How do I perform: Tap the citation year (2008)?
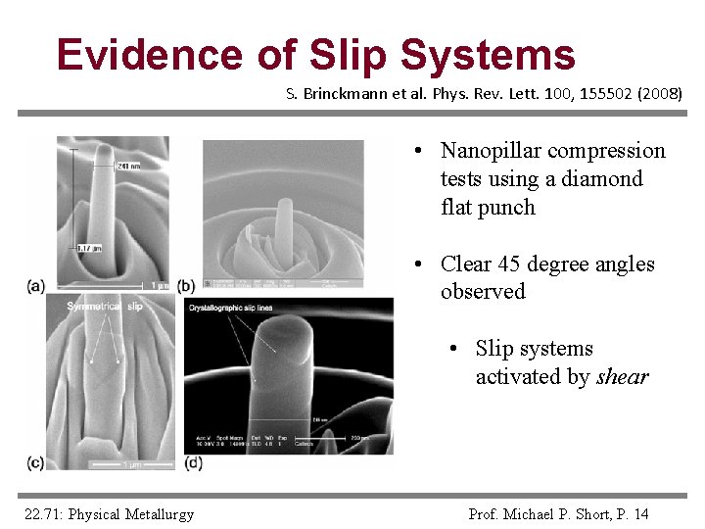[x=660, y=95]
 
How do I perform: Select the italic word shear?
[x=623, y=377]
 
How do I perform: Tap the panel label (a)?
[x=36, y=286]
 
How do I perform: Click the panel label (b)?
[x=186, y=286]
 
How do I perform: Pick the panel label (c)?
[x=36, y=462]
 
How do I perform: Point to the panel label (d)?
[x=193, y=462]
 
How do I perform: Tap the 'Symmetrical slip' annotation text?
[x=105, y=307]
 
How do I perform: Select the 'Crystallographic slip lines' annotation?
[x=231, y=309]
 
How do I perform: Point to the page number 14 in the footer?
[x=640, y=514]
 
